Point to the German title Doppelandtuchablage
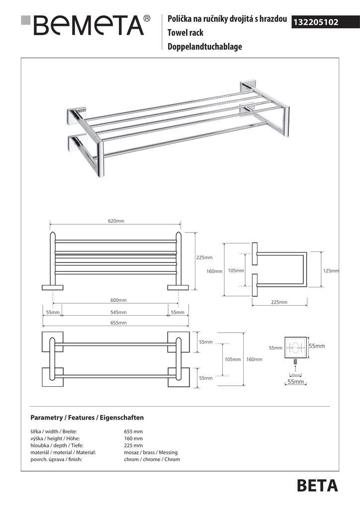204,47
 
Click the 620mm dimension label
116,221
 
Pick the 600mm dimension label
118,300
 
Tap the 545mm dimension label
118,312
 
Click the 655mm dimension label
118,323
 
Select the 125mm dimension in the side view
331,271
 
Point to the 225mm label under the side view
279,302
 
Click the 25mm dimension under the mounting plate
295,374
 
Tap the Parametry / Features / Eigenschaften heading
87,418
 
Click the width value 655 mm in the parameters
133,431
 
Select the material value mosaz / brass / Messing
151,452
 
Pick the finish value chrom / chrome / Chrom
152,459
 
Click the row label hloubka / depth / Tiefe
55,445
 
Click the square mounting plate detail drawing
295,347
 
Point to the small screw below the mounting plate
295,361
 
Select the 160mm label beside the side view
214,271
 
